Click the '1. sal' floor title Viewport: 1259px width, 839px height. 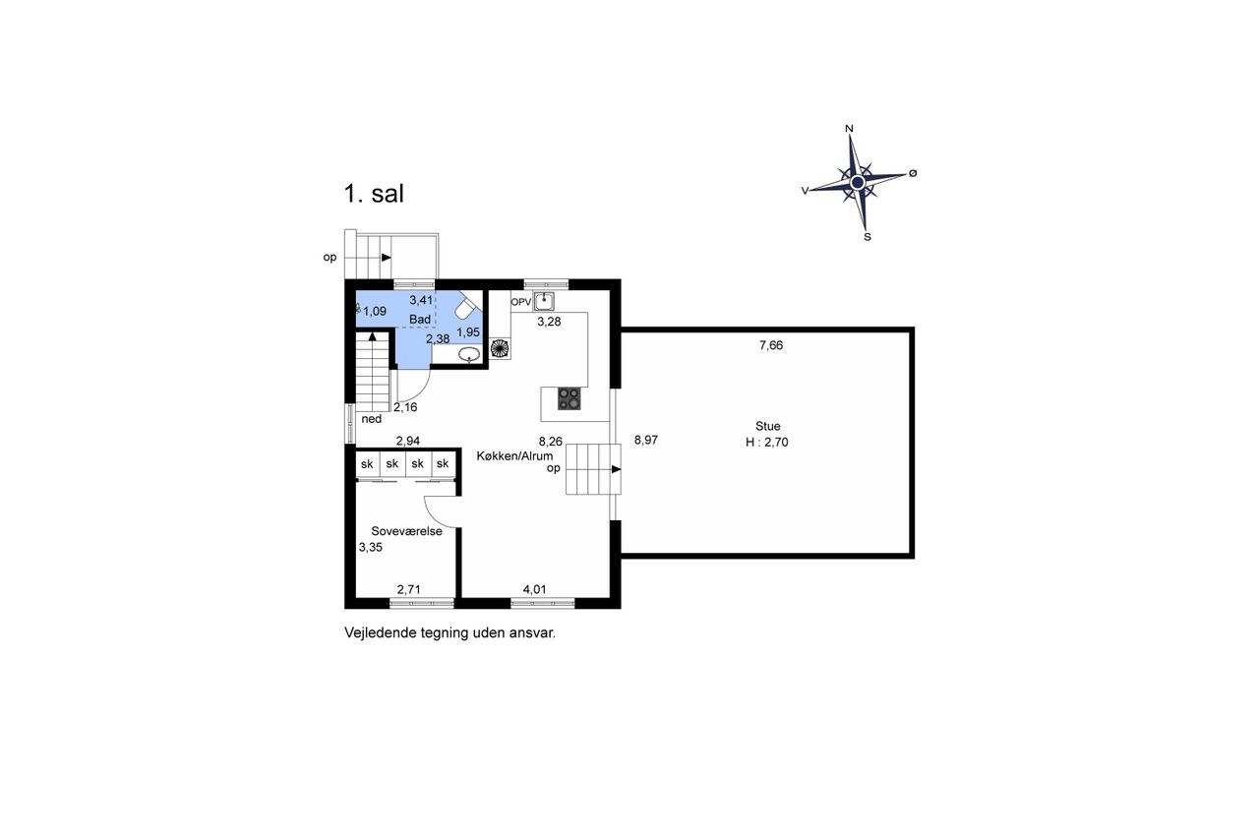pyautogui.click(x=374, y=194)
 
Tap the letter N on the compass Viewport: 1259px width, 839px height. pyautogui.click(x=849, y=129)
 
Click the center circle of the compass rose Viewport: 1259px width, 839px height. pyautogui.click(x=857, y=182)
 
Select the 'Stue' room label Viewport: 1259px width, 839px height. pyautogui.click(x=767, y=426)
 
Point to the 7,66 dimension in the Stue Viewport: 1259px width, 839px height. pyautogui.click(x=771, y=345)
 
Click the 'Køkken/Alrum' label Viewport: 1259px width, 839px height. pyautogui.click(x=514, y=455)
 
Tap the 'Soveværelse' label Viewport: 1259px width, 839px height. pyautogui.click(x=406, y=531)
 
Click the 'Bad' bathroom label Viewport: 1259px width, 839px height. pyautogui.click(x=420, y=320)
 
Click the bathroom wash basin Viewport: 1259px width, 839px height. pyautogui.click(x=469, y=354)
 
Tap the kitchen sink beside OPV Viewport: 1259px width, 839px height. pyautogui.click(x=544, y=302)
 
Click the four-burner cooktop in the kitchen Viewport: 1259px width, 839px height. pyautogui.click(x=569, y=398)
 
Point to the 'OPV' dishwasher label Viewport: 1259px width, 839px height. pyautogui.click(x=521, y=302)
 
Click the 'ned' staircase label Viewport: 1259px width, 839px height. pyautogui.click(x=372, y=419)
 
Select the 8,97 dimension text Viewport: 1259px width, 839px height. pyautogui.click(x=646, y=440)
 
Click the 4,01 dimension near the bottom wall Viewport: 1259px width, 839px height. pyautogui.click(x=534, y=589)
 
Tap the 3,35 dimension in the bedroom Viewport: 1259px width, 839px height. pyautogui.click(x=371, y=547)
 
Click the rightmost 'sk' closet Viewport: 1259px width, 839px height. pyautogui.click(x=443, y=464)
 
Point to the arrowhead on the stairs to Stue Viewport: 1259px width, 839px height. pyautogui.click(x=616, y=469)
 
